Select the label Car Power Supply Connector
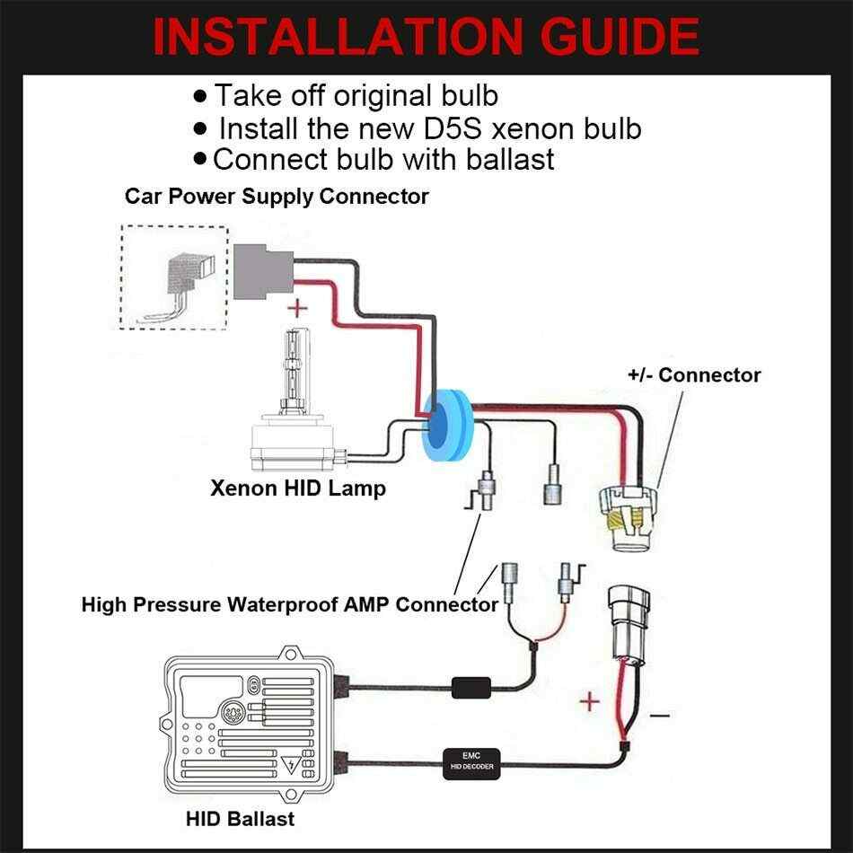[x=277, y=195]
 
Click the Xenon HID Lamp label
[x=298, y=488]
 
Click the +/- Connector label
[x=694, y=374]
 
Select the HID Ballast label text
[x=240, y=819]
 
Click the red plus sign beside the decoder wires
[x=589, y=700]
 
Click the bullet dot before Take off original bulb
[x=199, y=94]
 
